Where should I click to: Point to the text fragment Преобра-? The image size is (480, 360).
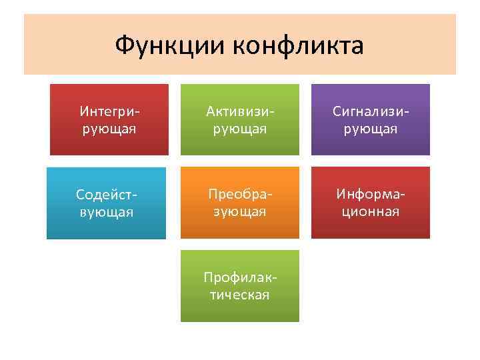(x=240, y=194)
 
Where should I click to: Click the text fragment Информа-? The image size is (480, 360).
(x=371, y=194)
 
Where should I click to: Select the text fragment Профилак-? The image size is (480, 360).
(x=240, y=277)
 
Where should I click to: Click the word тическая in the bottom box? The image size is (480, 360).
(x=240, y=295)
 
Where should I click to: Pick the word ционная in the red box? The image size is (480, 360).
(x=371, y=211)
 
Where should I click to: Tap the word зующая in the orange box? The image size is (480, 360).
(x=240, y=211)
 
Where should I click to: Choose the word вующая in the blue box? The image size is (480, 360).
(x=107, y=213)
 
